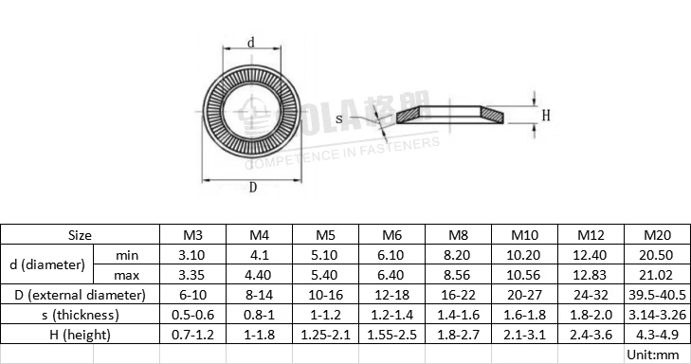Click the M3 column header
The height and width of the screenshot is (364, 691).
point(192,235)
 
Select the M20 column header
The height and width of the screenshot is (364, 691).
point(657,235)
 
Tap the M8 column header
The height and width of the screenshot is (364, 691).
point(458,235)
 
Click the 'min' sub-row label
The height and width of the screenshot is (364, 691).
point(126,255)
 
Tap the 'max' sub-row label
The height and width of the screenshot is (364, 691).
point(126,275)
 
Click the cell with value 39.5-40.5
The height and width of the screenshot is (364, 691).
point(657,295)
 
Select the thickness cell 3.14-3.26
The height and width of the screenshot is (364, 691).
point(657,315)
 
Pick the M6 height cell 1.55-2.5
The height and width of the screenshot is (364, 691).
point(391,335)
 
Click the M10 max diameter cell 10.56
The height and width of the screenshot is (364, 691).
point(524,275)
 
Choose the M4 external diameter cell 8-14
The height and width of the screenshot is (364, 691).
point(259,295)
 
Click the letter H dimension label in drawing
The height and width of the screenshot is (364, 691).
point(545,116)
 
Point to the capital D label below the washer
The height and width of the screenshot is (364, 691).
point(252,188)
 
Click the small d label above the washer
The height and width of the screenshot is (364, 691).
point(250,43)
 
